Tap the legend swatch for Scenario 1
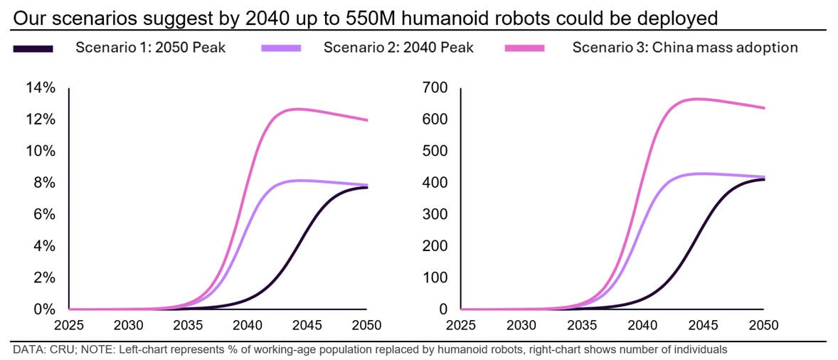coord(33,48)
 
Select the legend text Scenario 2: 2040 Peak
coord(398,48)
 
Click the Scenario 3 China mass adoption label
coord(685,48)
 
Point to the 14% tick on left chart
coord(41,88)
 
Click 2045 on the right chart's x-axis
coord(703,326)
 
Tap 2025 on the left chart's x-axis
coord(69,326)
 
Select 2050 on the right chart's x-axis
coord(763,326)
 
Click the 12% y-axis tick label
coord(41,120)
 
